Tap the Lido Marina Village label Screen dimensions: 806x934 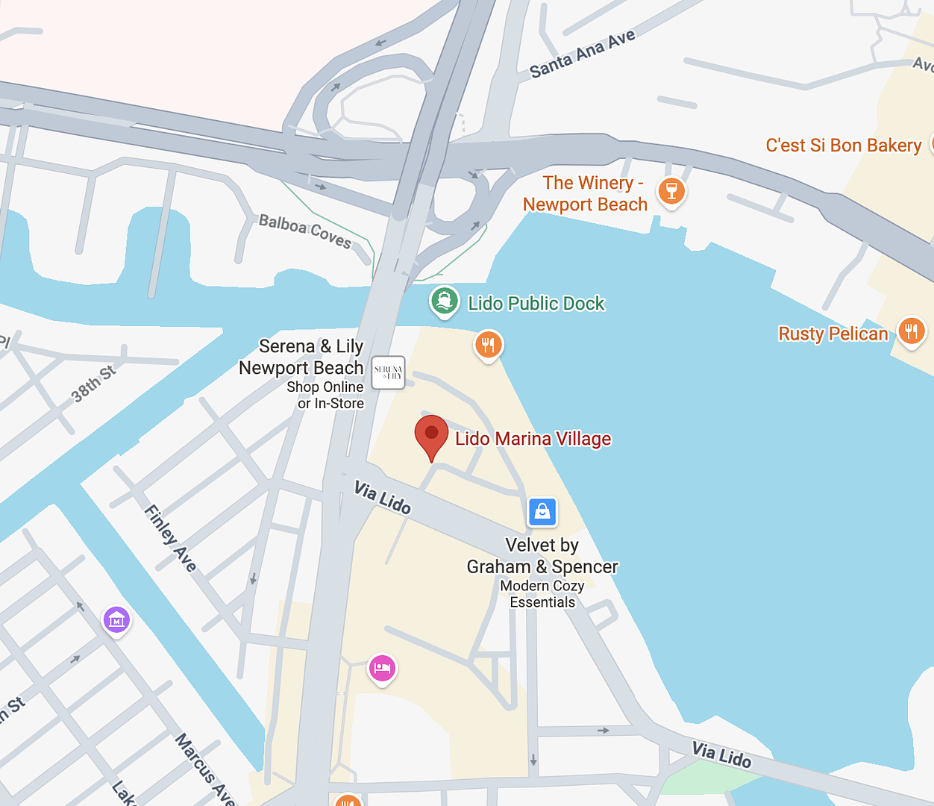(x=533, y=439)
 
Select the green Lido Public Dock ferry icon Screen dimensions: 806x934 (x=445, y=302)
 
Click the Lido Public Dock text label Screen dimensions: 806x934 (x=536, y=304)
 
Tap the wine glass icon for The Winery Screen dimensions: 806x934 (x=671, y=191)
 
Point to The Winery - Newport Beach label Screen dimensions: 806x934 (x=586, y=194)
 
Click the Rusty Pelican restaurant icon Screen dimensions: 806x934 (x=911, y=331)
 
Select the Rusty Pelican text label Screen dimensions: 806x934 (x=833, y=334)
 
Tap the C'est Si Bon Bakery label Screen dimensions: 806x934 (x=843, y=146)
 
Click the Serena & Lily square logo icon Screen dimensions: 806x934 (x=388, y=372)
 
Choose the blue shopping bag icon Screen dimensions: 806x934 (x=542, y=512)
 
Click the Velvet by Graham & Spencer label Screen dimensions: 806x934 (x=542, y=557)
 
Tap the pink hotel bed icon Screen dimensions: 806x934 (x=382, y=668)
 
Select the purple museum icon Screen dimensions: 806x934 (x=116, y=619)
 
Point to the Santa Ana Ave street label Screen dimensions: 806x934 (x=582, y=54)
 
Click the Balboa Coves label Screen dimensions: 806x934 (x=305, y=231)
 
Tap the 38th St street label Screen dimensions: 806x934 (x=93, y=384)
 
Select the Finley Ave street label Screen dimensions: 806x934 (x=171, y=538)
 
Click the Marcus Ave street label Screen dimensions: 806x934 (x=204, y=769)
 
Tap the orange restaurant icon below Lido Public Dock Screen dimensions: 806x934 (x=489, y=345)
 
